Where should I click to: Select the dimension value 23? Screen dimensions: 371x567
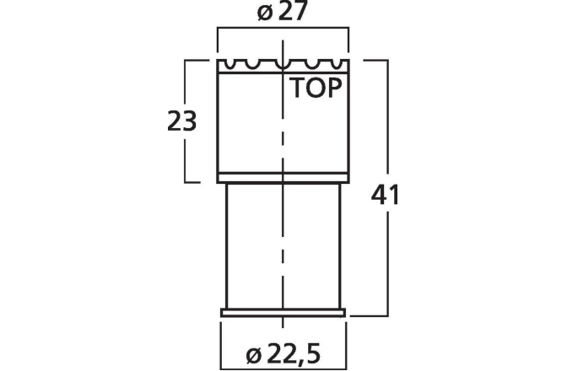tap(182, 121)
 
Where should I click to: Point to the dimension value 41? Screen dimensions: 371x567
tap(385, 196)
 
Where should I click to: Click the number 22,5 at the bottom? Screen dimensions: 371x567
tap(297, 354)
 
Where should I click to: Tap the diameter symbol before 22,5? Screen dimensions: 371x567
tap(256, 355)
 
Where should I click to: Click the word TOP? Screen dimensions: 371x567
tap(317, 89)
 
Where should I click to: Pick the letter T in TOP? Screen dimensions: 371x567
tap(300, 89)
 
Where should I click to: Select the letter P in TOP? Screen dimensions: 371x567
tap(335, 89)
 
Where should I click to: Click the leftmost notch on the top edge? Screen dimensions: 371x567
tap(228, 63)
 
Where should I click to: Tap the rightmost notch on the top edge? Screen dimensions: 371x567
tap(339, 63)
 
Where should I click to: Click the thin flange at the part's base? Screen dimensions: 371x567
tap(283, 313)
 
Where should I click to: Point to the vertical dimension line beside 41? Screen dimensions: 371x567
tap(388, 253)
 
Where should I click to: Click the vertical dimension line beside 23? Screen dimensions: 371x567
tap(186, 160)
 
